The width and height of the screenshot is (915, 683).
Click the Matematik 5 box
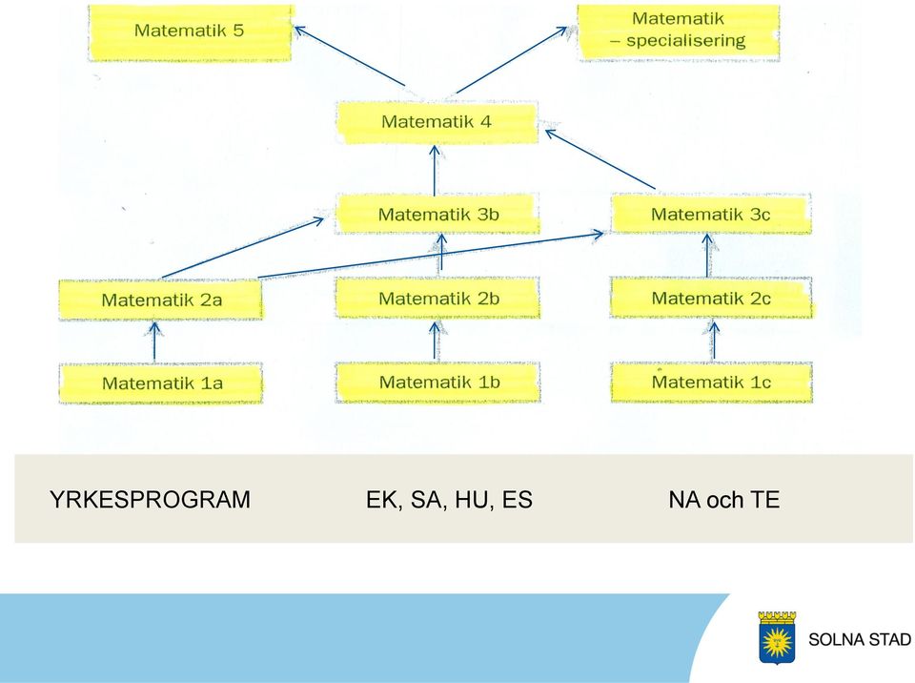[x=190, y=32]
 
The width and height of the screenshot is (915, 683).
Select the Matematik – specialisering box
[x=678, y=32]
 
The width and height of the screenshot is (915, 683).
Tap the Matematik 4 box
[x=437, y=122]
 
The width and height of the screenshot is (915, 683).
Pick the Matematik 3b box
[x=437, y=214]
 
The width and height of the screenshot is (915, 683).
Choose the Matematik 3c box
[x=711, y=214]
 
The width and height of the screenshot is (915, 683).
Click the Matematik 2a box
[x=160, y=300]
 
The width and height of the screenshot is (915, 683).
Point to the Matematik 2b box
[x=437, y=298]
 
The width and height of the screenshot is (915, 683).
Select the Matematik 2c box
[x=711, y=298]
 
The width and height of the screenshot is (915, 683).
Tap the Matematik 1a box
[x=160, y=383]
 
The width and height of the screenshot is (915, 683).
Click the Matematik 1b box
[x=437, y=383]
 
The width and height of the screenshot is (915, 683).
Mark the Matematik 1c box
[x=711, y=383]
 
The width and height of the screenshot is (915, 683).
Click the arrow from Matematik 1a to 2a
[x=154, y=341]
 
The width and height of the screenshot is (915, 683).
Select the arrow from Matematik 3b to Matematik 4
[x=435, y=171]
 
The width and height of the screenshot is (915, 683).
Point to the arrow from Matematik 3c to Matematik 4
[x=600, y=159]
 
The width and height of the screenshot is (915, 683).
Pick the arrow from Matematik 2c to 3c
[x=707, y=256]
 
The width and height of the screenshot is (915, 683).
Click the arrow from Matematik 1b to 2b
[x=435, y=341]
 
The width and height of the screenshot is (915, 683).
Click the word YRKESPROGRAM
[x=150, y=500]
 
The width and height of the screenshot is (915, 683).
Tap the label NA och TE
[x=724, y=500]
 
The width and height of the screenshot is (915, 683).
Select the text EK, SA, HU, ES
[x=449, y=500]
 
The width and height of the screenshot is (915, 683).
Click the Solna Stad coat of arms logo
[x=777, y=637]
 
